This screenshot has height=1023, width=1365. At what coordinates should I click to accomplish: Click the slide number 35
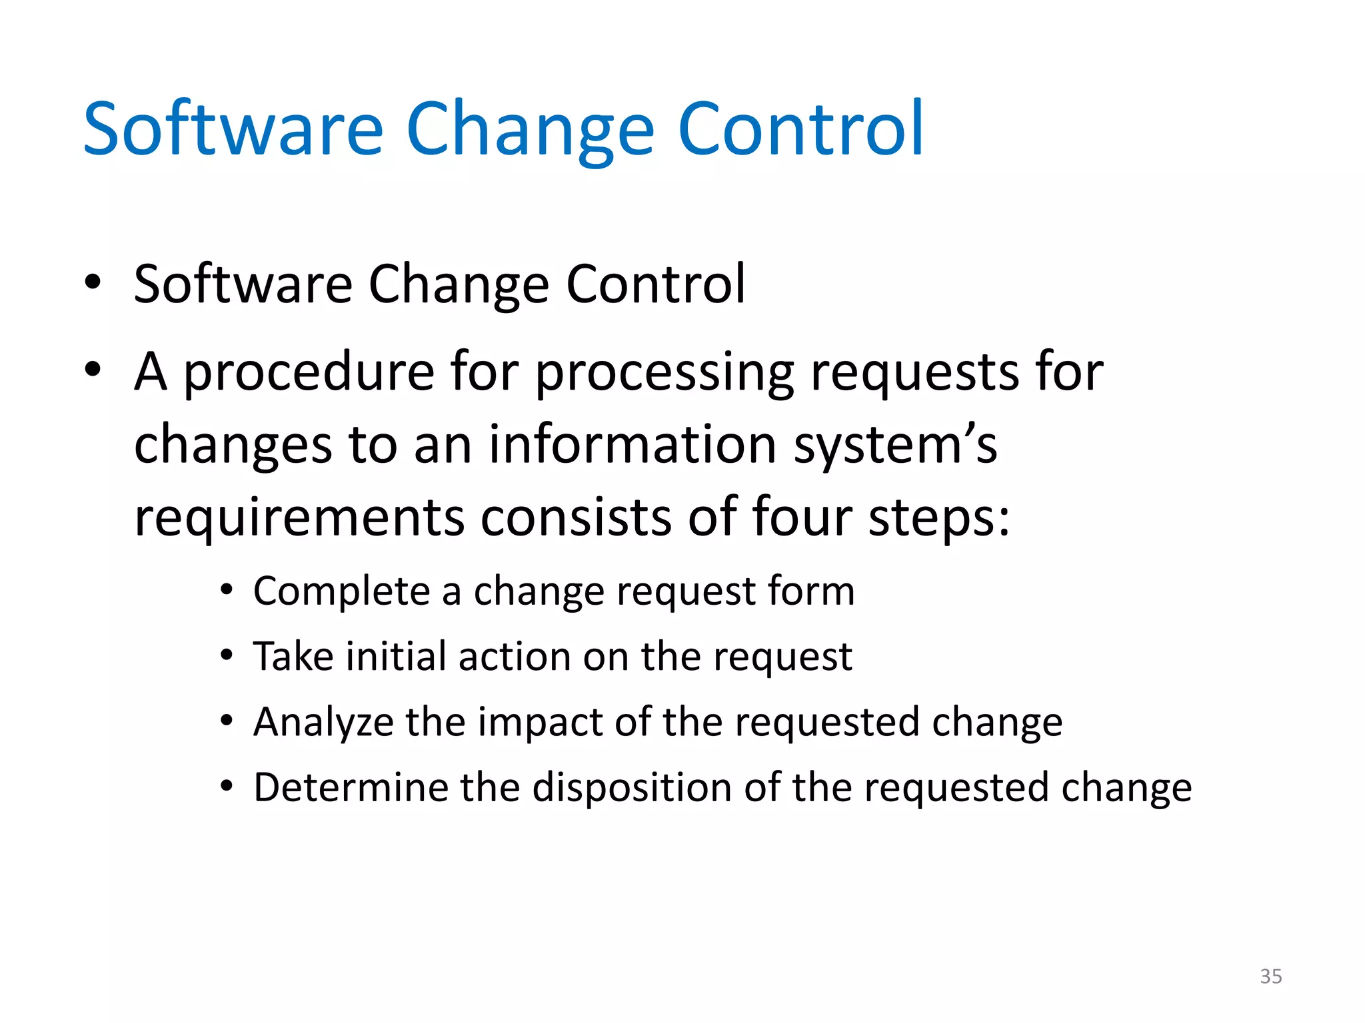pos(1270,976)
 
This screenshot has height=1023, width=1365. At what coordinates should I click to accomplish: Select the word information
pos(633,445)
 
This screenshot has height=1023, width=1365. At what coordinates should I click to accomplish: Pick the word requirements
pos(299,517)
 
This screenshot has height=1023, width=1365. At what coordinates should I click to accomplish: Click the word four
pos(802,517)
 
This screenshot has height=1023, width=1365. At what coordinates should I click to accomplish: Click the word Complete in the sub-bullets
pos(341,591)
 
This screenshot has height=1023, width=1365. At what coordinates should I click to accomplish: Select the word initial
pos(395,656)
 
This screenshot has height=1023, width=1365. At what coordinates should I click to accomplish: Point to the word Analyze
pos(323,723)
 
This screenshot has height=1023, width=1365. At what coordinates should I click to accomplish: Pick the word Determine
pos(351,787)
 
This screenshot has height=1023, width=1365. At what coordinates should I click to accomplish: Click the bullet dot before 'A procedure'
pos(93,368)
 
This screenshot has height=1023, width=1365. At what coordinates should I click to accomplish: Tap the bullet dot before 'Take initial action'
pos(227,655)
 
